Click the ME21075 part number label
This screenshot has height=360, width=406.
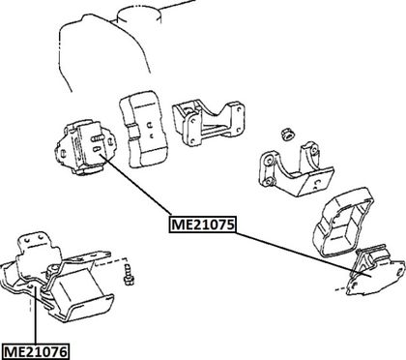coord(202,224)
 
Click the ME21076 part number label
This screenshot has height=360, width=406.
coord(36,351)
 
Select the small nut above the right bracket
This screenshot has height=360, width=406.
coord(286,135)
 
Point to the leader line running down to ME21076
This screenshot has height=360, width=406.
coord(35,315)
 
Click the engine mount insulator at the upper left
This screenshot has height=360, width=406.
coord(84,146)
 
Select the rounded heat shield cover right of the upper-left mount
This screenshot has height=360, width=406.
coord(144,129)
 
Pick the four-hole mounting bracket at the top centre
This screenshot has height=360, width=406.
coord(208,124)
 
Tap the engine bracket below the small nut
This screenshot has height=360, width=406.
coord(295,169)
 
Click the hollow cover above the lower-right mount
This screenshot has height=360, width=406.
coord(343,223)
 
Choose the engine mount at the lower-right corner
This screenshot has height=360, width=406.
coord(375,271)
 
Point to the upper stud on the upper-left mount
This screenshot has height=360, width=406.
coord(98,138)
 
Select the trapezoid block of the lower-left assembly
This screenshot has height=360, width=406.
coord(80,292)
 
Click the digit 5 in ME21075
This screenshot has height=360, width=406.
coord(229,225)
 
